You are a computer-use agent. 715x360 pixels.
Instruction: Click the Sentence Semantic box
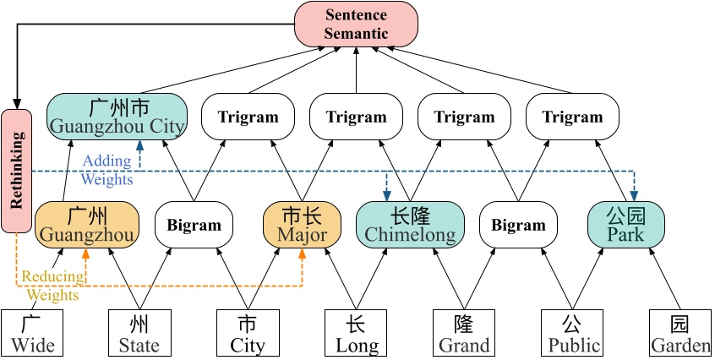(x=356, y=24)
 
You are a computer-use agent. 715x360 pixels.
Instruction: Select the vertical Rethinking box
(x=16, y=170)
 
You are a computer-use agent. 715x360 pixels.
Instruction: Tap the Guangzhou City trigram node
(x=117, y=117)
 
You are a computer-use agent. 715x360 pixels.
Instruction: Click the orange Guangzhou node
(x=86, y=224)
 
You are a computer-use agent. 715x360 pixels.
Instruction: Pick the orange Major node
(x=303, y=224)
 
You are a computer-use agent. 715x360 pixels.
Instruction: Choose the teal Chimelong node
(x=410, y=224)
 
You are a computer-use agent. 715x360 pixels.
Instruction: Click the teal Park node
(x=626, y=224)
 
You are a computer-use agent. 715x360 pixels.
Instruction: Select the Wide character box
(x=33, y=333)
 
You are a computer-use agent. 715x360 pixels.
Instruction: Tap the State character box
(x=139, y=333)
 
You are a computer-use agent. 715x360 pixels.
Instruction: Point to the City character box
(x=248, y=333)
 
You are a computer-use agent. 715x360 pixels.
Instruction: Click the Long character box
(x=356, y=333)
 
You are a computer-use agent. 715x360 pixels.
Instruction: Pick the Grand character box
(x=464, y=333)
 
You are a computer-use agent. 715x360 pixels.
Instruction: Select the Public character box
(x=572, y=333)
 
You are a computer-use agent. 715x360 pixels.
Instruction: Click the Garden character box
(x=680, y=333)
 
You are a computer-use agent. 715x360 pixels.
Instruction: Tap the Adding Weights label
(x=106, y=170)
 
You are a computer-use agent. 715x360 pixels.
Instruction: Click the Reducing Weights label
(x=53, y=286)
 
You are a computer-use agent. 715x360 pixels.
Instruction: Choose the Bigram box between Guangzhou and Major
(x=194, y=225)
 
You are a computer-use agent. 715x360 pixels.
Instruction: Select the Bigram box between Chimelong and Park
(x=518, y=225)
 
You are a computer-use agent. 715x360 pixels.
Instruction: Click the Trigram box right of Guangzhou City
(x=248, y=117)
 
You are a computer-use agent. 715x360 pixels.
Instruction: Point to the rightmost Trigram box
(x=572, y=117)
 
